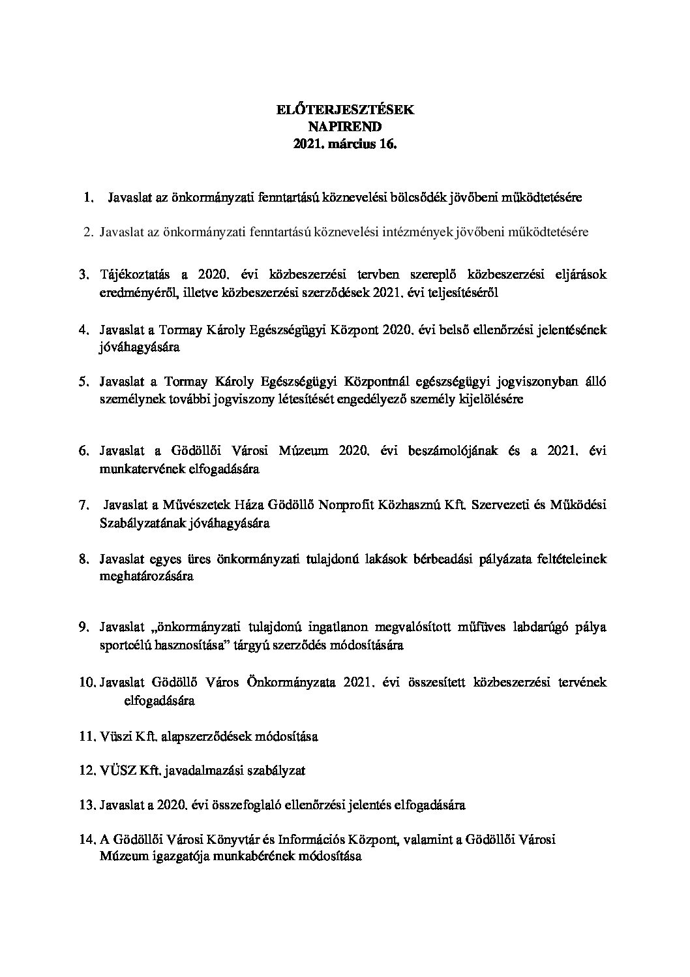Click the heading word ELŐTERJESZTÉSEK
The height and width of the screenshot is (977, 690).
pos(344,110)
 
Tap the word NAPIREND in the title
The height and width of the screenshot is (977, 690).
pos(344,128)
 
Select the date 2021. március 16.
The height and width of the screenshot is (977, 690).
pos(344,146)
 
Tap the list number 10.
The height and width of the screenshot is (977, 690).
pos(86,683)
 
